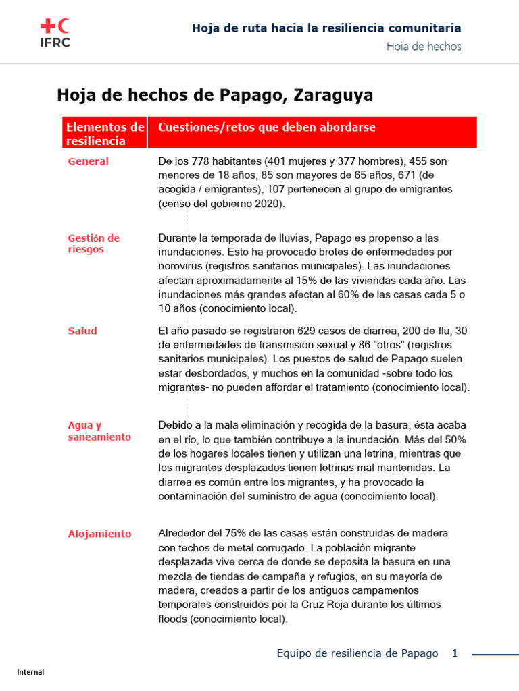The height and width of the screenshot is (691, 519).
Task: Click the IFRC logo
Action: click(55, 32)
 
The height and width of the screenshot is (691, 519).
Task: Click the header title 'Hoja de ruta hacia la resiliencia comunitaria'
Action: click(326, 28)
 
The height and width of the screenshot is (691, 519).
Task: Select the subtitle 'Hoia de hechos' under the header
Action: click(424, 47)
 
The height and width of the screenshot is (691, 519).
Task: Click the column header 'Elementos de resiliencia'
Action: click(105, 134)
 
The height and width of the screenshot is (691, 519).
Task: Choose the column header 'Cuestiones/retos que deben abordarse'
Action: click(266, 128)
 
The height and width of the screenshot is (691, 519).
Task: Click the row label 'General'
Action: click(88, 161)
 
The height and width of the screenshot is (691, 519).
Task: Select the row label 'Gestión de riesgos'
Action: click(93, 244)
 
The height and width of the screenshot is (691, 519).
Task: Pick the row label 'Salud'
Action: click(82, 331)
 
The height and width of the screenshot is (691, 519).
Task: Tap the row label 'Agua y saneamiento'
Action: click(99, 431)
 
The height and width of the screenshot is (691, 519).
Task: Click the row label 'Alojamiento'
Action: click(99, 534)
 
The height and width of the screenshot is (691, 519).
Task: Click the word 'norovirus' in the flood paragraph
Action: click(181, 266)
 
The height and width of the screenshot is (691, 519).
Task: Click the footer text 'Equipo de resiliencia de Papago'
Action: click(357, 653)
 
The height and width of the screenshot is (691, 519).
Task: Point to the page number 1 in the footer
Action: click(455, 653)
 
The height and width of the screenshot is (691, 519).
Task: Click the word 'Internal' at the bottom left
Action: click(30, 672)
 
